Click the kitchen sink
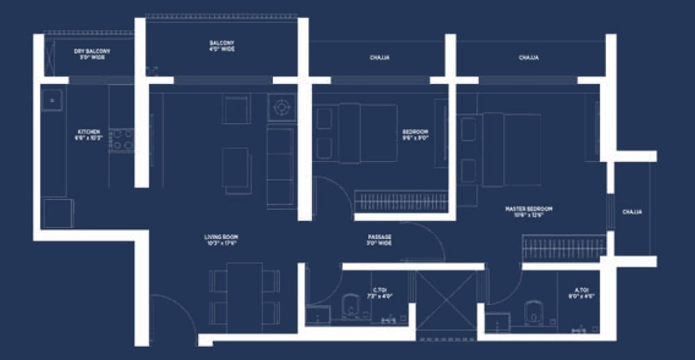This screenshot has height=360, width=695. (51, 101)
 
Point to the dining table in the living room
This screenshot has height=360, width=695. (245, 297)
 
